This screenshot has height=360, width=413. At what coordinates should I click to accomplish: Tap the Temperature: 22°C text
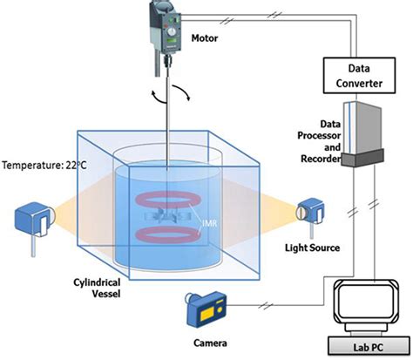click(40, 164)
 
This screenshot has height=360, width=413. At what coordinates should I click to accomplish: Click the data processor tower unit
click(360, 131)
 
